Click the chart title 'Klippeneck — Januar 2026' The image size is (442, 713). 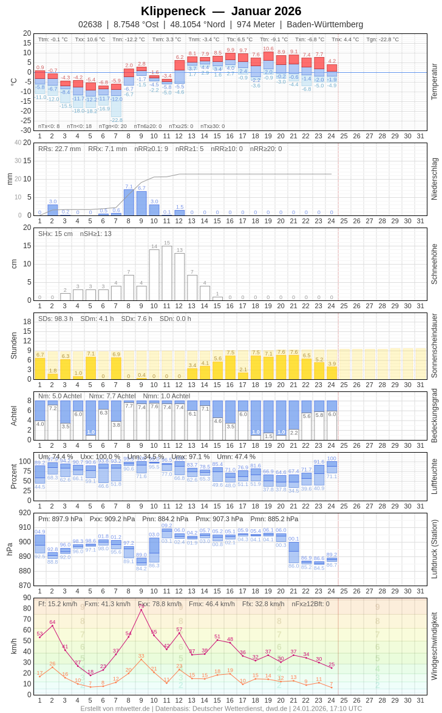(221, 11)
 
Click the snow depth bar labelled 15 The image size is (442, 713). (167, 273)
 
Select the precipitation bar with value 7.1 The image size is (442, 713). (129, 203)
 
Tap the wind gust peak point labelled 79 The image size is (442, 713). (141, 609)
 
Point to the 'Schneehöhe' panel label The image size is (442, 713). (434, 264)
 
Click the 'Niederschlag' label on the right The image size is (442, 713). (434, 179)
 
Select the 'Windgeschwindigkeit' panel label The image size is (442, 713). (434, 646)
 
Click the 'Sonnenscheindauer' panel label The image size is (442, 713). (434, 346)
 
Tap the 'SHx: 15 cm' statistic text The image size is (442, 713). (55, 234)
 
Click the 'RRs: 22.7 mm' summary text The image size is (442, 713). (59, 149)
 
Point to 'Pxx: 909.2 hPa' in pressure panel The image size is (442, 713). (112, 519)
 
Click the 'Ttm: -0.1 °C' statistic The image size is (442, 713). (53, 39)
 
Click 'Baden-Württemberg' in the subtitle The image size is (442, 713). (325, 24)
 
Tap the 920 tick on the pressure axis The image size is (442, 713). (24, 513)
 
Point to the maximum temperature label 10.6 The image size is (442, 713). (268, 49)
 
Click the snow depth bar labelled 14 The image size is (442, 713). (154, 275)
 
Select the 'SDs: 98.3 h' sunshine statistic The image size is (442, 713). (56, 319)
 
